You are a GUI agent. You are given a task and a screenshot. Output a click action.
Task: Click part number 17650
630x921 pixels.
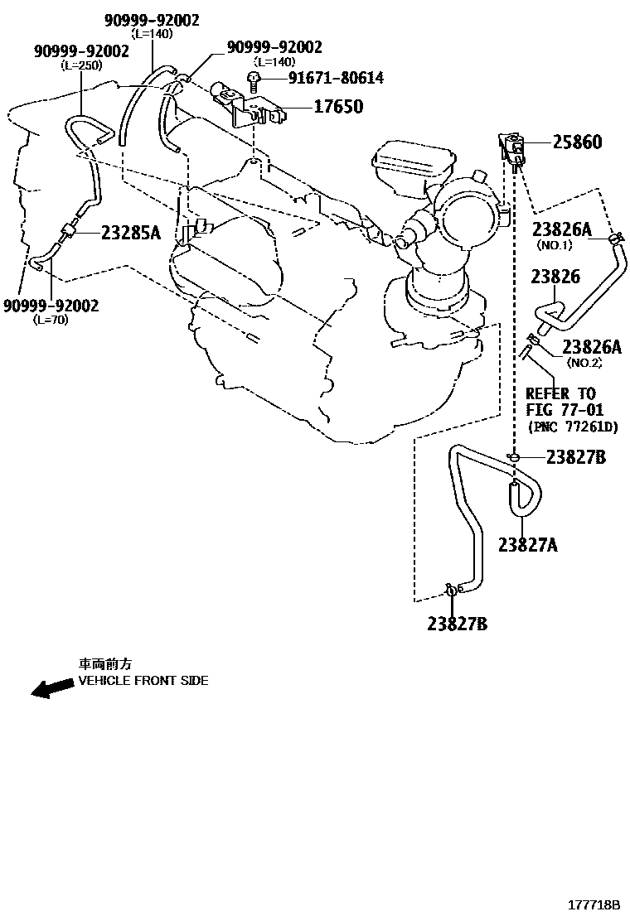(x=337, y=107)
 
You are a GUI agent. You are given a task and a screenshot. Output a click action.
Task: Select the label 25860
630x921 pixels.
(x=577, y=142)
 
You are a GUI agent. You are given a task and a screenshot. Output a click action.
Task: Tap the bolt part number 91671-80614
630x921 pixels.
(x=324, y=79)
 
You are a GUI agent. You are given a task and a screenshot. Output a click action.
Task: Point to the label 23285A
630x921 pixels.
(x=130, y=233)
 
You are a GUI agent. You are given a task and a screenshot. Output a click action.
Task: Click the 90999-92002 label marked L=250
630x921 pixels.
(x=81, y=51)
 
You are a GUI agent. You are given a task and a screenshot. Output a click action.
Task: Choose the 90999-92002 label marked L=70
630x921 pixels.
(x=51, y=306)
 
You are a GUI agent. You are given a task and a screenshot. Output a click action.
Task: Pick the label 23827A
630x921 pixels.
(x=527, y=544)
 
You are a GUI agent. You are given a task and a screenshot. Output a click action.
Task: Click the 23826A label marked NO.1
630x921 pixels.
(x=561, y=230)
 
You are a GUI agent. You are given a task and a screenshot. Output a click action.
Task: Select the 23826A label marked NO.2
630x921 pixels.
(x=591, y=347)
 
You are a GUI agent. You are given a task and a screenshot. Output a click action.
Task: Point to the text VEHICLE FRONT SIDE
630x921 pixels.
(x=143, y=681)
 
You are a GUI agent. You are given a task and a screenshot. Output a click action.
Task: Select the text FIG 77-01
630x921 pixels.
(x=565, y=410)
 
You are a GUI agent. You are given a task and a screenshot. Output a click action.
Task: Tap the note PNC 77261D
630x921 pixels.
(x=573, y=427)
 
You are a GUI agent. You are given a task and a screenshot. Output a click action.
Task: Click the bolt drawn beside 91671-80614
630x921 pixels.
(x=254, y=80)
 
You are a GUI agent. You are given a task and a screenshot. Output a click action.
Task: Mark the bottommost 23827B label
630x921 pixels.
(x=457, y=624)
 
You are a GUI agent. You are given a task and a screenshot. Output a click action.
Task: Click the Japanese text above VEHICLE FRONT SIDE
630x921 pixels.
(x=105, y=664)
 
